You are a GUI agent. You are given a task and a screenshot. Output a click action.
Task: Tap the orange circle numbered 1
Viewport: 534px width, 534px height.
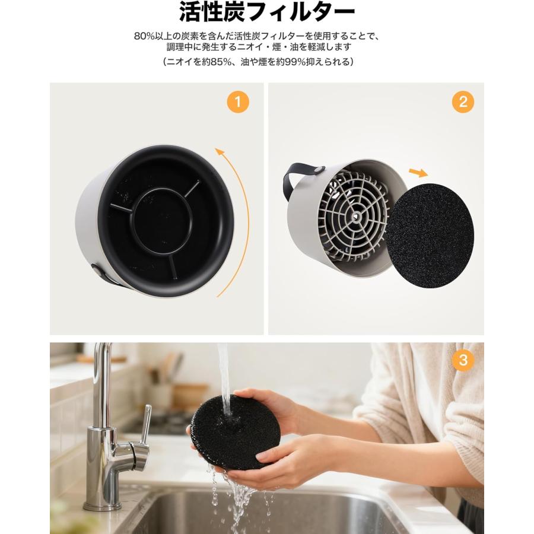point(238,102)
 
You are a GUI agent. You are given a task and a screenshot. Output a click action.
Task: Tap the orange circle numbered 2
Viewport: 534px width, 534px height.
point(463,102)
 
